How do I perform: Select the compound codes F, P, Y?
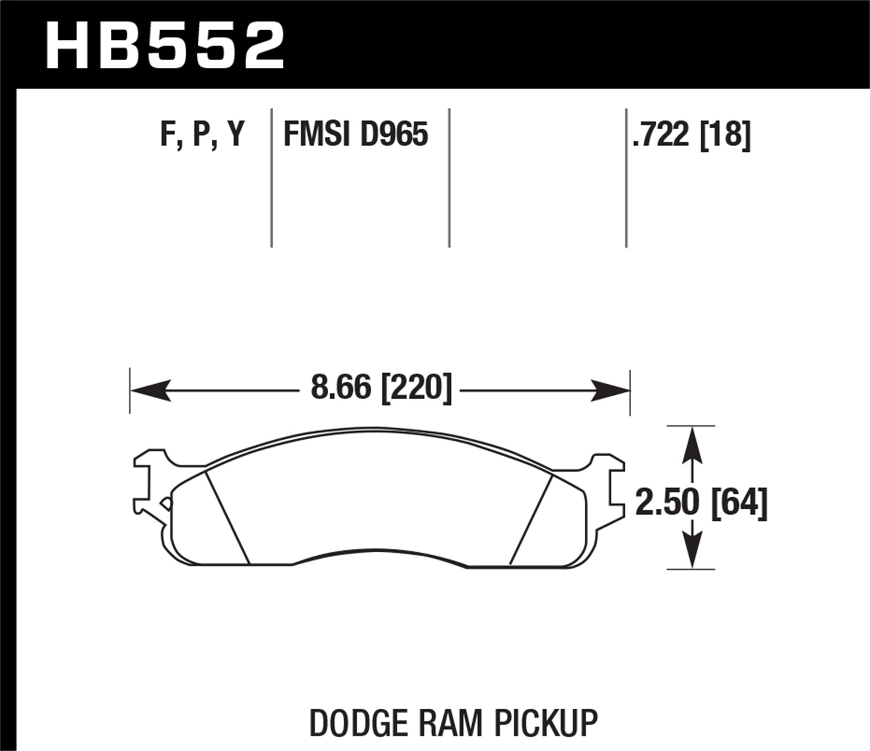tap(202, 134)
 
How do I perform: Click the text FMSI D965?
tap(356, 134)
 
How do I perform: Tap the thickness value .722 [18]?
tap(691, 134)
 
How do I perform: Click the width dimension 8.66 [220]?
tap(380, 388)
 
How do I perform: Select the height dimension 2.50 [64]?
tap(701, 502)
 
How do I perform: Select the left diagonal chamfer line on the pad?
tap(227, 517)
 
